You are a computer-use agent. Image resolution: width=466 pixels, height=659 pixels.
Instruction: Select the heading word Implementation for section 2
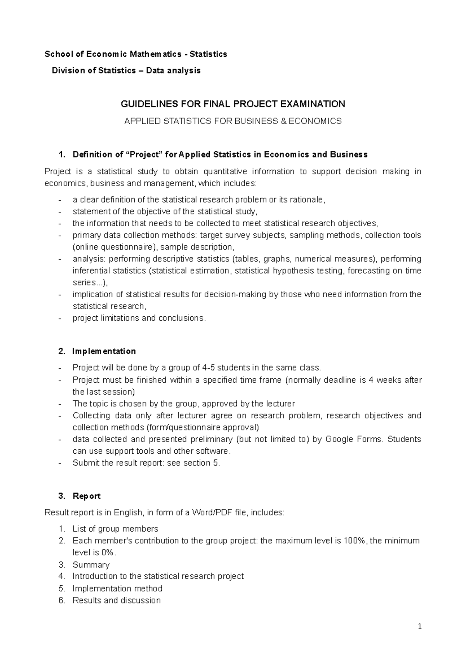(x=104, y=351)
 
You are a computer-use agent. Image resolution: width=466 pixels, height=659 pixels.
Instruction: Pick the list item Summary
(x=91, y=565)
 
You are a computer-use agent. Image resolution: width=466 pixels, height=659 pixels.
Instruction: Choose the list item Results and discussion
(x=116, y=600)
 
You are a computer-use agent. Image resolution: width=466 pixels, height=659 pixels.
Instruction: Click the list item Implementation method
(x=117, y=588)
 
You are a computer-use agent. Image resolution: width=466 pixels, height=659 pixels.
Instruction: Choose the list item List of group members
(x=115, y=529)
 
